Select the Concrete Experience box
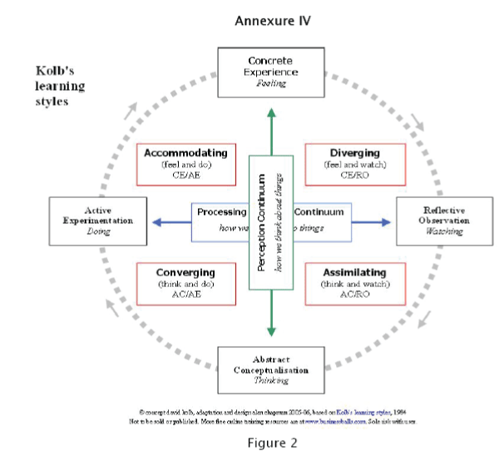(x=269, y=71)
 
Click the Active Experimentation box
(x=98, y=221)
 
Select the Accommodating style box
(x=185, y=164)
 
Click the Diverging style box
(x=355, y=164)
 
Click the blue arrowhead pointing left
(x=156, y=222)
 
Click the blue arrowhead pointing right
(x=385, y=222)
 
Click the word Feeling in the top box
(x=269, y=83)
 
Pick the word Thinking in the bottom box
(x=270, y=380)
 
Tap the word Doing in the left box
(x=98, y=232)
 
